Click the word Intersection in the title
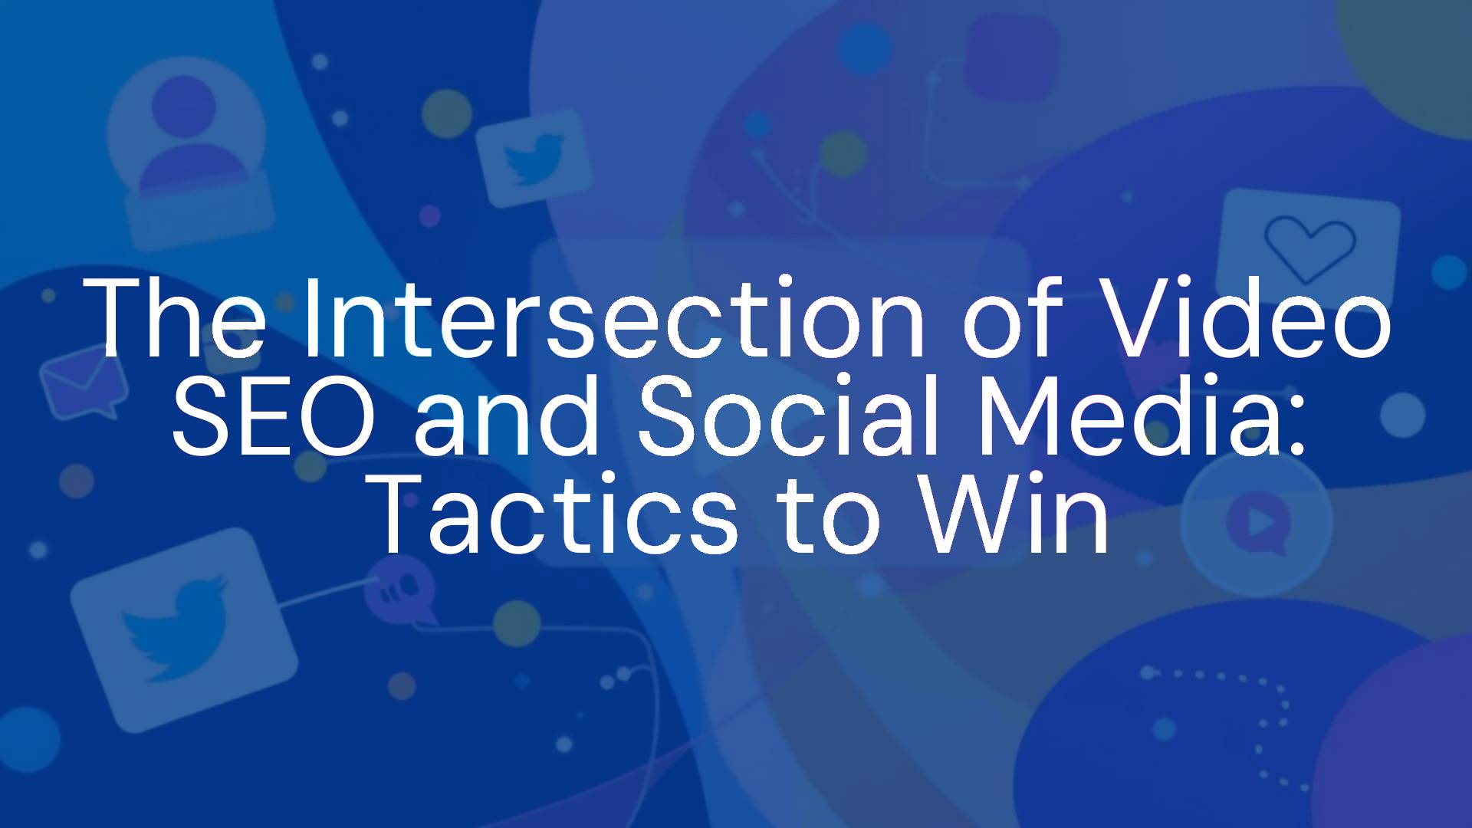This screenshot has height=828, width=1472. point(613,317)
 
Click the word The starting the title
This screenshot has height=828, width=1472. point(174,317)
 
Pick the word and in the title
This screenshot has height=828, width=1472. point(507,416)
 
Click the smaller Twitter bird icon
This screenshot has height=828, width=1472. point(534,159)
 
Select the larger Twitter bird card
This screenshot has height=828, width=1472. point(184,629)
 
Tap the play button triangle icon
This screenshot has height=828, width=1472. point(1258,522)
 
